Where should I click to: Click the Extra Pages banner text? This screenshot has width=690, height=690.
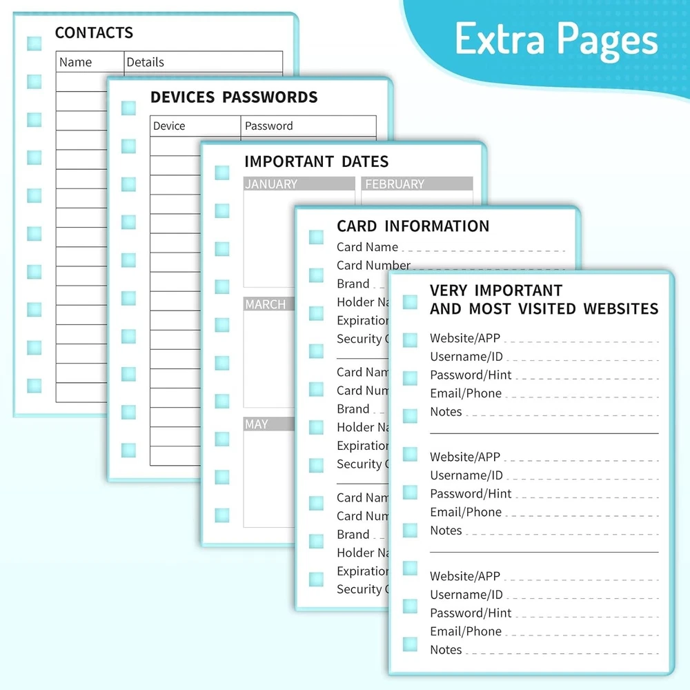[556, 39]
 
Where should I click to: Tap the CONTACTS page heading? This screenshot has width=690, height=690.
[94, 32]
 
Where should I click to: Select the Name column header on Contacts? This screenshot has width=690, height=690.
[75, 62]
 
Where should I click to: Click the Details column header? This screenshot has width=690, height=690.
[145, 62]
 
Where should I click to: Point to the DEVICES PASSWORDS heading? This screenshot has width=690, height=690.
[234, 97]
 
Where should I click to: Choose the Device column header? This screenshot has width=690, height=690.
[169, 126]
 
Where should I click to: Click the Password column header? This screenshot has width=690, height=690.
[268, 126]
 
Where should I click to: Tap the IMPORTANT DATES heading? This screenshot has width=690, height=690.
[316, 161]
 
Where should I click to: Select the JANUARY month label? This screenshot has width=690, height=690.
[271, 184]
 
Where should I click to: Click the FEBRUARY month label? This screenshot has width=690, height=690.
[395, 184]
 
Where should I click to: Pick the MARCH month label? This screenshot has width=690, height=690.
[265, 304]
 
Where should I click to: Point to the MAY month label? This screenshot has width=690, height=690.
[256, 424]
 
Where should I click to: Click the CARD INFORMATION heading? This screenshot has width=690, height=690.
[413, 226]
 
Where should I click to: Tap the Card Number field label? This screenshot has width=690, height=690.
[373, 266]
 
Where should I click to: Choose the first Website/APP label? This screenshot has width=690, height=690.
[465, 338]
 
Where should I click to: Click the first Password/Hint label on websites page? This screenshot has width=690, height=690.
[471, 375]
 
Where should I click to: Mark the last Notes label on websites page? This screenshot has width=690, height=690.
[446, 650]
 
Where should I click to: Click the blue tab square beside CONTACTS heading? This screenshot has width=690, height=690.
[34, 43]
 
